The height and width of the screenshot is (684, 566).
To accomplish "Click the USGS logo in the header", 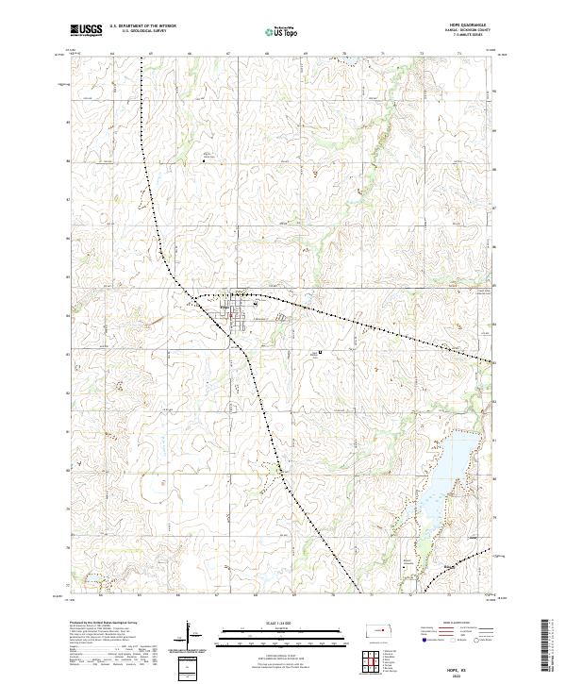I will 87,31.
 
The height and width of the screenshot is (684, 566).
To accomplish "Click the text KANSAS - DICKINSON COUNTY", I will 469,31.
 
